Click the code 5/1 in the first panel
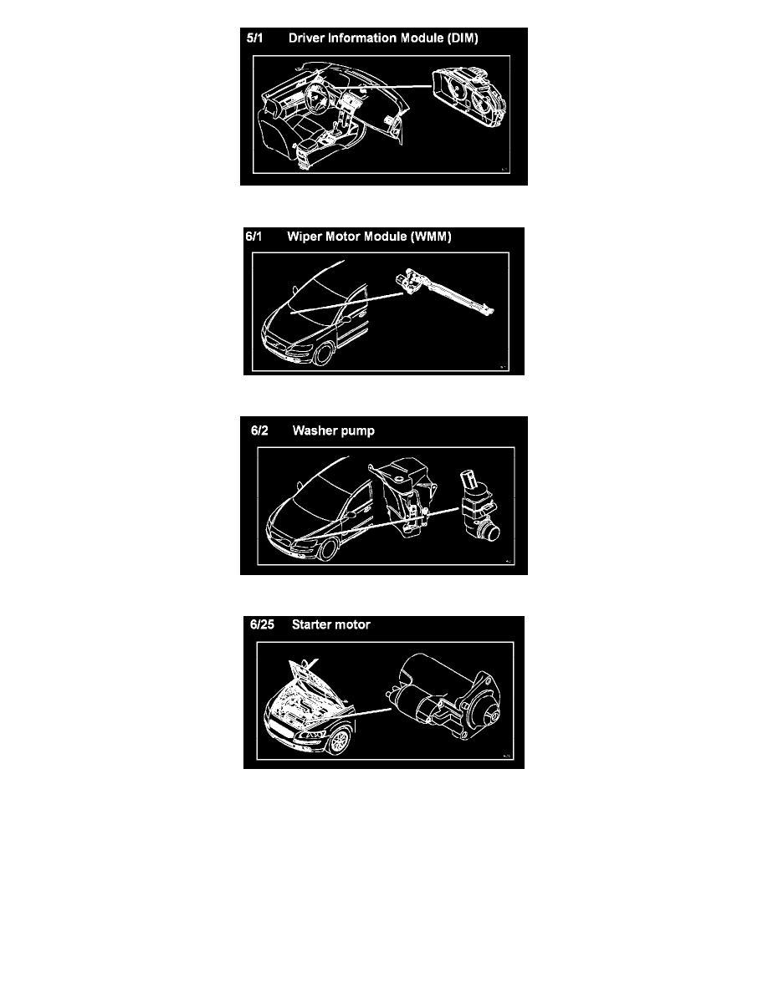coord(254,38)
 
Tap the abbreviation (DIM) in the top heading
coord(463,38)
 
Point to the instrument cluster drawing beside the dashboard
coord(469,100)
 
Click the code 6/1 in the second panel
coord(253,237)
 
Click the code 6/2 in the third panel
coord(260,430)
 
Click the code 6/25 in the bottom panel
coord(263,624)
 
